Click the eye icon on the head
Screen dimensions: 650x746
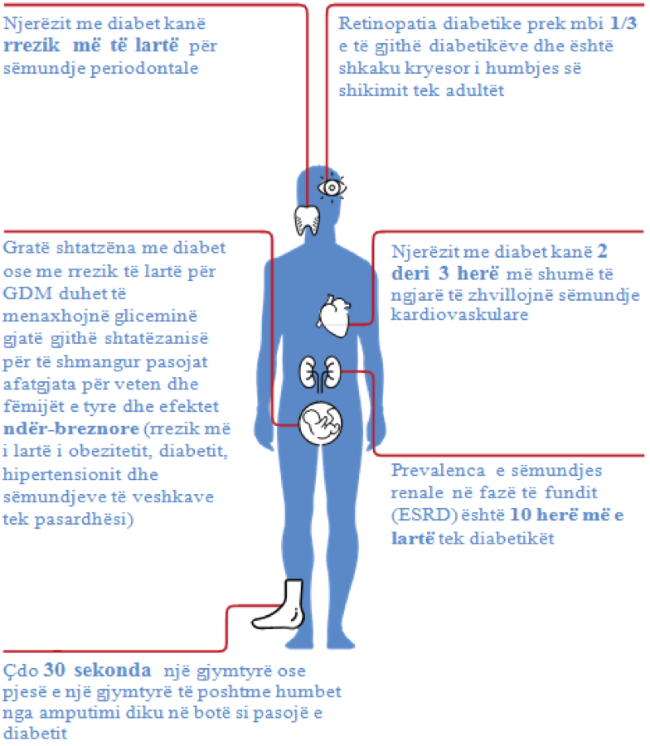332,187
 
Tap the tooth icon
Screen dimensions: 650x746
307,220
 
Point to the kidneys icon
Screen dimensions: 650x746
320,374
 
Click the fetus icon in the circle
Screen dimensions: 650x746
320,424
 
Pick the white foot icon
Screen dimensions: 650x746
279,605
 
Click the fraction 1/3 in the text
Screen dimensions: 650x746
623,23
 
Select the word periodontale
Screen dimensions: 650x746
144,69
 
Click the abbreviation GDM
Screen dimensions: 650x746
27,293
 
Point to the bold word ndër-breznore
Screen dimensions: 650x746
71,429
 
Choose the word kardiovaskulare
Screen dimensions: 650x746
459,314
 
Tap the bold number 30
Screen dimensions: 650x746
54,670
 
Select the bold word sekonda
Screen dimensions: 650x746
113,670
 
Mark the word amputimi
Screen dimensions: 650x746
80,713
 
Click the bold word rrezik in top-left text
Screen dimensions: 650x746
32,46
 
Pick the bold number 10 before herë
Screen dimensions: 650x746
521,515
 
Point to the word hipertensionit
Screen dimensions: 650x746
56,475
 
